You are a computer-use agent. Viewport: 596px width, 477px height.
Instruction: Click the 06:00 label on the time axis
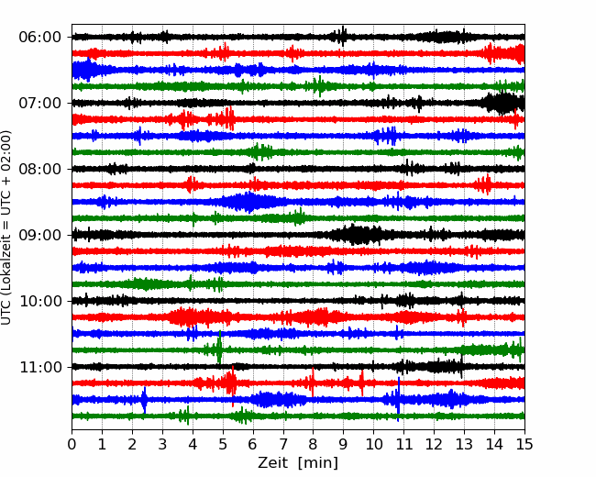tap(40, 38)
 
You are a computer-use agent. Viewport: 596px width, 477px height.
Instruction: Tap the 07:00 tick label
tap(40, 103)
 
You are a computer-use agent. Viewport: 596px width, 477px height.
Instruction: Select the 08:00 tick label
tap(40, 169)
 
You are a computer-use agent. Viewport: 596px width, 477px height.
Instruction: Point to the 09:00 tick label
tap(40, 235)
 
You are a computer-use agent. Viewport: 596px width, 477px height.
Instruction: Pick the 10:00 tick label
tap(40, 301)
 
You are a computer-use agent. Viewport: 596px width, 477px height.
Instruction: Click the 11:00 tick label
tap(40, 367)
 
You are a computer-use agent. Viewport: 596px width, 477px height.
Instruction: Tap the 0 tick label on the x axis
tap(72, 444)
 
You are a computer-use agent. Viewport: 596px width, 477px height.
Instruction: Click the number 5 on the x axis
tap(223, 444)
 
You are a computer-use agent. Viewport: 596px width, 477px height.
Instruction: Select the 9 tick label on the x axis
tap(343, 444)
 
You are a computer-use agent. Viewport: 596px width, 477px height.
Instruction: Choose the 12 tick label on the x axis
tap(434, 444)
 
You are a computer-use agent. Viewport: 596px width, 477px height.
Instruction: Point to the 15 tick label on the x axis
tap(524, 444)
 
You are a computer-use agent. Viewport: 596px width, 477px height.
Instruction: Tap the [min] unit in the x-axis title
tap(318, 463)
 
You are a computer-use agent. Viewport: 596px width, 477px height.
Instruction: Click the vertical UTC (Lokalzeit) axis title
tap(6, 227)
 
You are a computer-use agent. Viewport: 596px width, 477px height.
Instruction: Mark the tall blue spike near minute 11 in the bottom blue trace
tap(398, 399)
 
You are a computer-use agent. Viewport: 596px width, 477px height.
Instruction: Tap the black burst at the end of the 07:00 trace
tap(502, 103)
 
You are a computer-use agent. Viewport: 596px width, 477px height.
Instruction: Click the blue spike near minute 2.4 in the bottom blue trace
tap(144, 400)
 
